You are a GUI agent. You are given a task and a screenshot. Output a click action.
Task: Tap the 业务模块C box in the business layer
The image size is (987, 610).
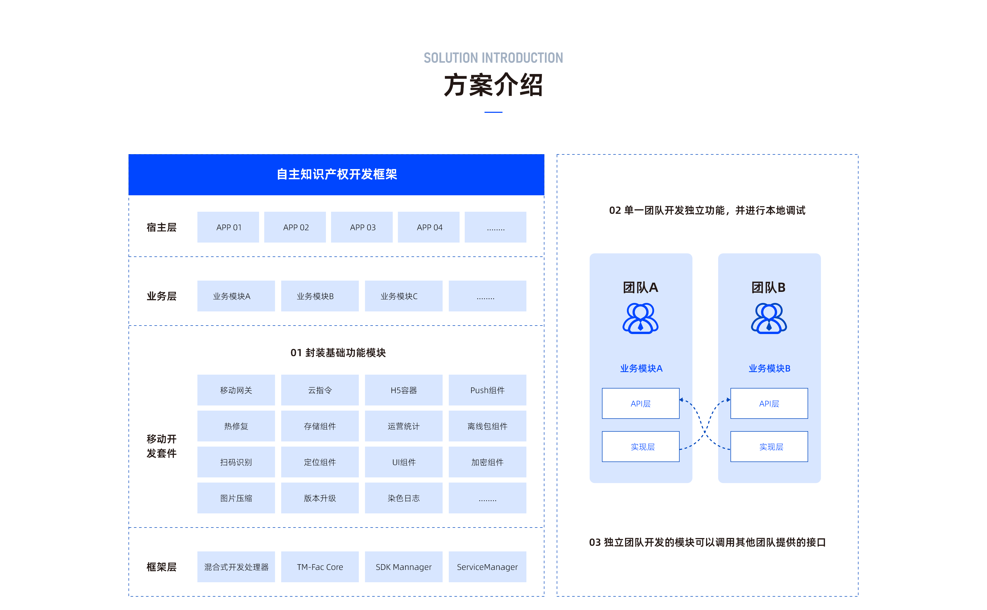(x=404, y=296)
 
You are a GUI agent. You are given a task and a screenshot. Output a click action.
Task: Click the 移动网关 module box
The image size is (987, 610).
(x=236, y=390)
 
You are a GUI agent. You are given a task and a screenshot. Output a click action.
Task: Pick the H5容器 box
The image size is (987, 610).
(x=404, y=390)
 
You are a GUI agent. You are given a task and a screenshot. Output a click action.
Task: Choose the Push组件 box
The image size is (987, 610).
(x=487, y=390)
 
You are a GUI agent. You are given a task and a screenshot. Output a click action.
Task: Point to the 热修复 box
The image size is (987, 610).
(x=236, y=426)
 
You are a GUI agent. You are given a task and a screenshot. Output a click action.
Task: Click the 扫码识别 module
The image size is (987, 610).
(x=236, y=462)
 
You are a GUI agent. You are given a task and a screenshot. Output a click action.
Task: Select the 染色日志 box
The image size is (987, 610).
(x=404, y=498)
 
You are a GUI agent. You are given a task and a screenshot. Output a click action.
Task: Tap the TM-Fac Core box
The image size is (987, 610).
(x=320, y=567)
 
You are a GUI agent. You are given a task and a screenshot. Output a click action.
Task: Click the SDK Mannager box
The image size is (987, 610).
(x=404, y=567)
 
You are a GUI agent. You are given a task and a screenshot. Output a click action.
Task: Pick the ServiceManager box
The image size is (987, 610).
(x=487, y=567)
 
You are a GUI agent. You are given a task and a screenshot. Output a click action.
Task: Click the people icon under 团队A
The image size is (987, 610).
(x=640, y=319)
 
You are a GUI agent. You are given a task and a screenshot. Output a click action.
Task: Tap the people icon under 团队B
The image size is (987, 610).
(x=769, y=319)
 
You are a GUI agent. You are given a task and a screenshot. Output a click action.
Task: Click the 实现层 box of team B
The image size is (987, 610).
(x=769, y=447)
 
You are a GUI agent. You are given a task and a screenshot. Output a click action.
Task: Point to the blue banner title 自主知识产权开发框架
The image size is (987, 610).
(x=336, y=174)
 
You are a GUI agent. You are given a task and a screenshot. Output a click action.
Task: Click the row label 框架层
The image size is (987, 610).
(x=161, y=567)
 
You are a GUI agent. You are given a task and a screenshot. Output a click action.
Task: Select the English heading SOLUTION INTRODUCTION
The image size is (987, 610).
(x=493, y=58)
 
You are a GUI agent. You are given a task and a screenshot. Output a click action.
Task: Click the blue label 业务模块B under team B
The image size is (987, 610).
(x=769, y=368)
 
